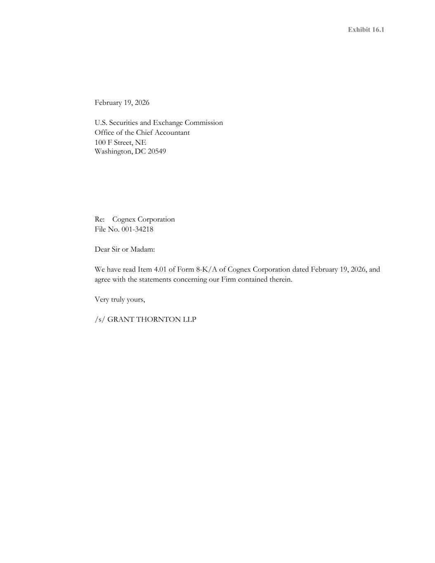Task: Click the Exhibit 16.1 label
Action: coord(366,30)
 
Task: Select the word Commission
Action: coord(204,123)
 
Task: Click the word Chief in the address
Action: coord(143,133)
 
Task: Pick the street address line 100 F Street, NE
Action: coord(120,143)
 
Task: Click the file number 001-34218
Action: coord(137,229)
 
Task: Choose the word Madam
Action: coord(143,250)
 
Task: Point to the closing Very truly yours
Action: coord(120,300)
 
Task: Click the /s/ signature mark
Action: coord(100,320)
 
